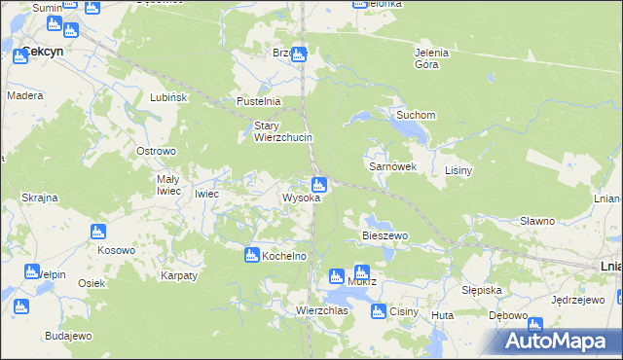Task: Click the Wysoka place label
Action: coord(301,198)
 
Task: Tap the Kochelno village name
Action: coord(284,256)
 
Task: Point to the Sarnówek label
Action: coord(392,166)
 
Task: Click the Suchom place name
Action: coord(415,115)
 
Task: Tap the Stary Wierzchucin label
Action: coord(282,131)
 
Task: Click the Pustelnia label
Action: coord(259,101)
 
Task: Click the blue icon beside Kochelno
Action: coord(251,255)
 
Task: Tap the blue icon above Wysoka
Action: coord(318,185)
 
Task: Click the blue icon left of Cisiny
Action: coord(378,311)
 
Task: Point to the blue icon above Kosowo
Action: coord(96,232)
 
